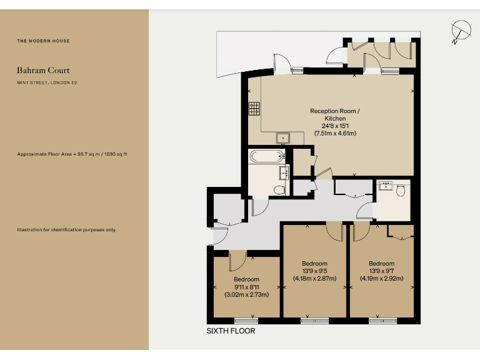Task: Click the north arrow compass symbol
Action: coord(461,31)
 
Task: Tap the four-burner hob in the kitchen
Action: coord(254,109)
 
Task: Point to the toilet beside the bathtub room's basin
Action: coord(279,189)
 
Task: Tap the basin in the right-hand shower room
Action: coord(386,186)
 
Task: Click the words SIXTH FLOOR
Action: coord(231,331)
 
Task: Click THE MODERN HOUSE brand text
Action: coord(43,41)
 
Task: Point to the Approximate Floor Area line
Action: coord(72,154)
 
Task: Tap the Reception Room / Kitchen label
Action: coord(335,115)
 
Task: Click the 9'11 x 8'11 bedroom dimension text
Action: coord(246,287)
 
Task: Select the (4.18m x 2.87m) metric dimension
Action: coord(314,279)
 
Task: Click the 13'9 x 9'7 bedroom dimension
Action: coord(381,271)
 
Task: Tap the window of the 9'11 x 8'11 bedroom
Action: coord(246,321)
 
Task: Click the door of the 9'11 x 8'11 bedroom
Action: coord(237,259)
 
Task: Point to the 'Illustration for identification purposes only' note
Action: coord(66,230)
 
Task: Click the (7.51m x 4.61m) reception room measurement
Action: coord(335,133)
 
